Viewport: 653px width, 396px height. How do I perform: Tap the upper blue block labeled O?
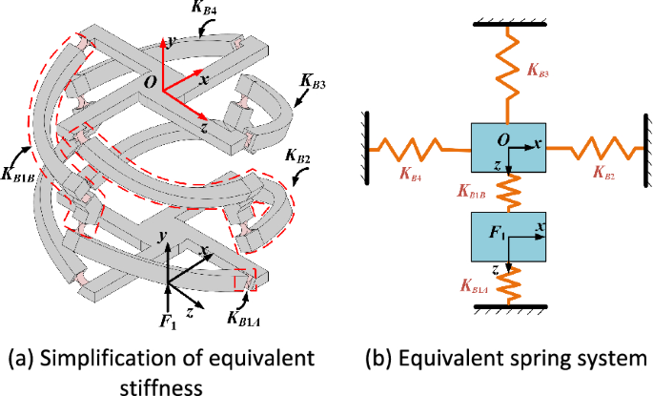coord(507,147)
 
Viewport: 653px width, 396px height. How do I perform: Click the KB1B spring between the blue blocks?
coord(507,191)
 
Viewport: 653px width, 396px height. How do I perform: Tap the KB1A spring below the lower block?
coord(508,282)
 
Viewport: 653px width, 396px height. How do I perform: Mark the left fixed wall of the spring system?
coord(367,147)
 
